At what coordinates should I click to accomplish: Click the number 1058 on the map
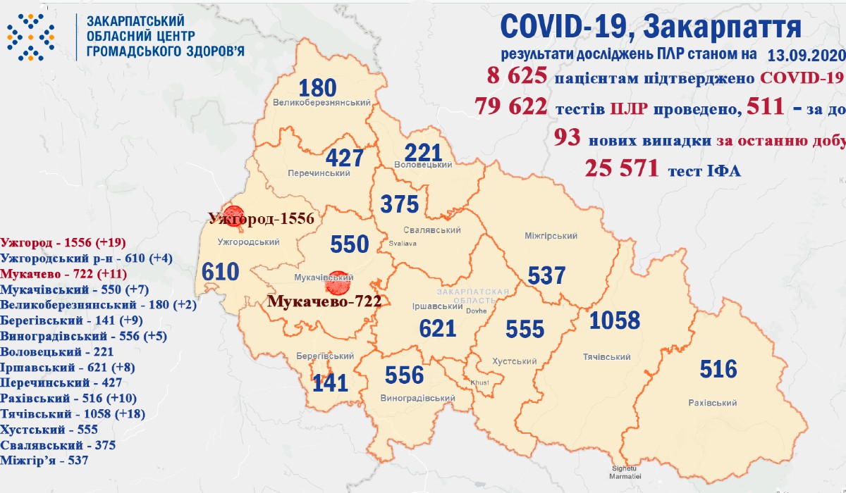coord(614,320)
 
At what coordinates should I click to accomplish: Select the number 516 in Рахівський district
coord(718,369)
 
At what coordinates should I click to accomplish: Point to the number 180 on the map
coord(317,88)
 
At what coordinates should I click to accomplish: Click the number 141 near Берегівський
coord(330,382)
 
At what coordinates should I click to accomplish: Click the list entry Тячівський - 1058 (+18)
coord(73,414)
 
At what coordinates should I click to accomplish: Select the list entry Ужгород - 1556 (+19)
coord(63,243)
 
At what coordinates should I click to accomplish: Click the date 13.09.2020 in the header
coord(804,54)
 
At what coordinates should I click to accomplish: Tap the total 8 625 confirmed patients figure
coord(516,77)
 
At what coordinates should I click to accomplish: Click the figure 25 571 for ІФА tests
coord(621,168)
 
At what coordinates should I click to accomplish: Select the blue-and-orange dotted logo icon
coord(30,37)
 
